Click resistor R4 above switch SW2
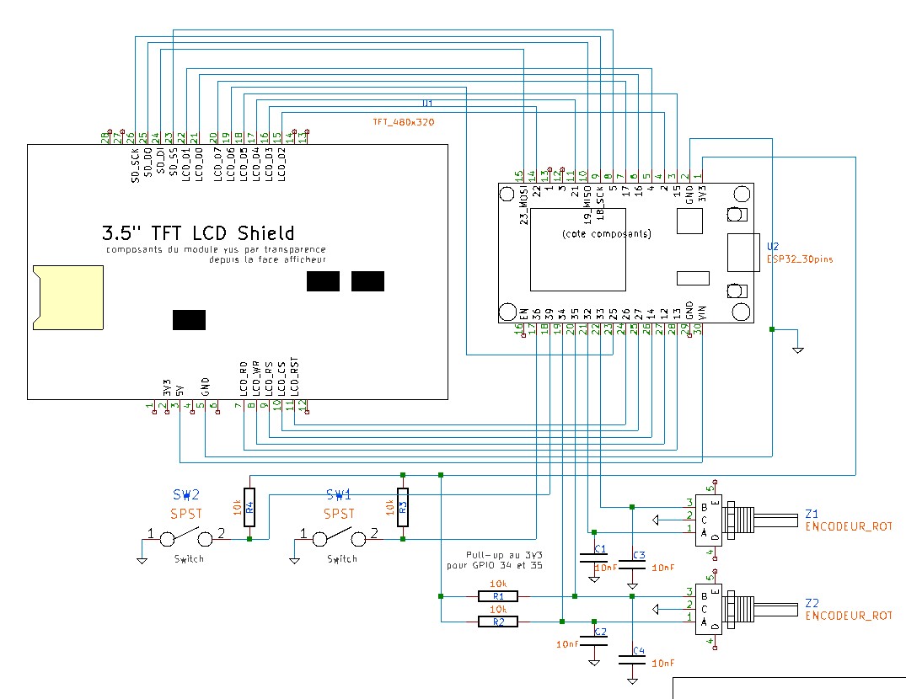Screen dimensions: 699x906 (249, 507)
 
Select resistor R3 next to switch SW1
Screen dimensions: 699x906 (403, 507)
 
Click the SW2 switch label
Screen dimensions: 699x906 (186, 495)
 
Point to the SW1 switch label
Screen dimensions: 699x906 (340, 495)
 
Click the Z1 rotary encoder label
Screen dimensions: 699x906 (812, 513)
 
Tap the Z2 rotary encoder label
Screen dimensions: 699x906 (812, 603)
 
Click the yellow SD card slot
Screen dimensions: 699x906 (68, 296)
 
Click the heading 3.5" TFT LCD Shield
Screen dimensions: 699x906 (198, 232)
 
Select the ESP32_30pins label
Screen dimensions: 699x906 (800, 259)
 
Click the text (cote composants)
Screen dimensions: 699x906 (606, 233)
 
